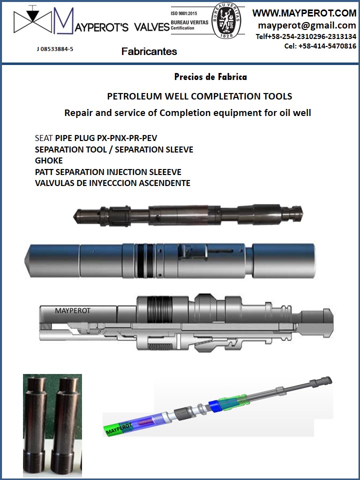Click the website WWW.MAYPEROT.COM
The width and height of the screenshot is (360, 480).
click(304, 13)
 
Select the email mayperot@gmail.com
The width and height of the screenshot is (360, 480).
click(307, 25)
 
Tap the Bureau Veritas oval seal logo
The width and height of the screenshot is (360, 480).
click(227, 22)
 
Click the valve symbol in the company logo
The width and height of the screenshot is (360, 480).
click(33, 21)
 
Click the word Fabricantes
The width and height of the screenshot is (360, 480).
click(149, 51)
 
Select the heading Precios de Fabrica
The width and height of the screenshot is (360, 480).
click(210, 77)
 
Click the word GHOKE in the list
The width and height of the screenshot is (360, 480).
click(49, 160)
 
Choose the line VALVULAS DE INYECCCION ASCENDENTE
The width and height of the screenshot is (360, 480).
click(112, 183)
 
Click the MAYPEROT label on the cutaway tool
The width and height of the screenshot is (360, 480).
click(72, 310)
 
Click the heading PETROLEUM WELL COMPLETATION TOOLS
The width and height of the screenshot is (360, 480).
click(199, 96)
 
